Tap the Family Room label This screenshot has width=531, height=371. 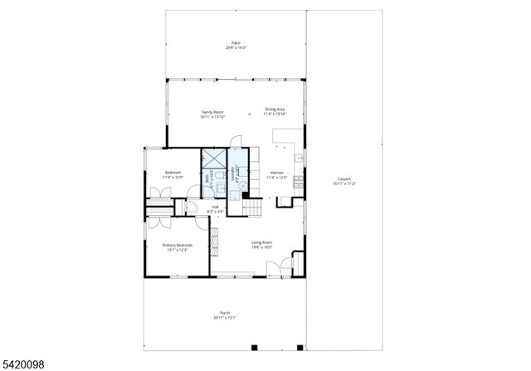[212, 114]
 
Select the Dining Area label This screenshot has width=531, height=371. [275, 111]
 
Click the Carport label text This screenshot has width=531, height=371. [343, 181]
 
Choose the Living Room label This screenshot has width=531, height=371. [262, 244]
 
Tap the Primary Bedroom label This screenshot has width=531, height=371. [177, 247]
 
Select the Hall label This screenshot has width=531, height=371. [215, 208]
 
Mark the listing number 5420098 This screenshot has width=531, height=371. [22, 363]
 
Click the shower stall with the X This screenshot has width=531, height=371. [214, 158]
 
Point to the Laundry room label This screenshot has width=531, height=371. [237, 175]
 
